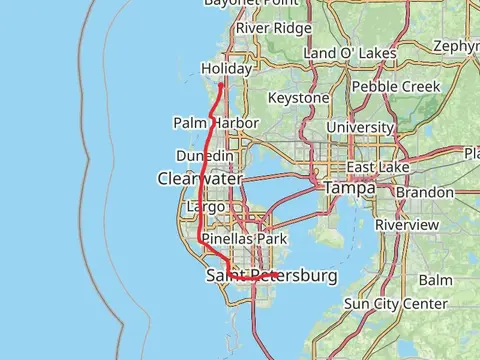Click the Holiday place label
click(224, 68)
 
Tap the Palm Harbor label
click(216, 123)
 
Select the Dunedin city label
click(205, 156)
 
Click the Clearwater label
click(199, 178)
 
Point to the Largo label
click(206, 207)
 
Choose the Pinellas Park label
click(244, 239)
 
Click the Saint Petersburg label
click(271, 275)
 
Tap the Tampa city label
click(348, 188)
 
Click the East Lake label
click(373, 167)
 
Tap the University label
click(360, 127)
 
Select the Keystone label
click(298, 98)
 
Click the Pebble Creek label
click(395, 86)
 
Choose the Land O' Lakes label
click(350, 52)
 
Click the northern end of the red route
click(221, 84)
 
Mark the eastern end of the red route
click(277, 273)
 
